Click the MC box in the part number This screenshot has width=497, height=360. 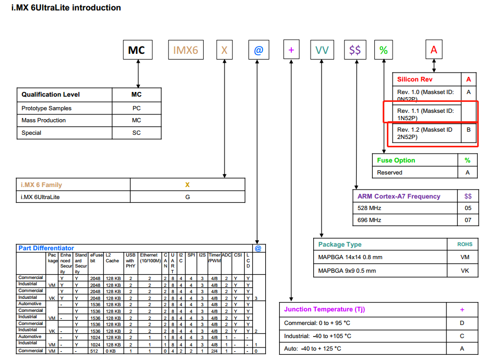137,50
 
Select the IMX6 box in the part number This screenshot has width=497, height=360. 186,50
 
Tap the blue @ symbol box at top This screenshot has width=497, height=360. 258,50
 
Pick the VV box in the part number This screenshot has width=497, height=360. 322,50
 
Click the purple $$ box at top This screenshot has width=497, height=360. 355,50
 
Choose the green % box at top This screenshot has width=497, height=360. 384,50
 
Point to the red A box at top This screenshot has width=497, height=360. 433,50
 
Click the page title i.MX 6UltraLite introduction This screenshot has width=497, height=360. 66,8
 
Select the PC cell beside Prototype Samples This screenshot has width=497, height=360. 136,109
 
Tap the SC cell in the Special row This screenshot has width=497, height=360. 136,133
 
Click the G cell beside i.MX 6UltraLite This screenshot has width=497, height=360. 187,197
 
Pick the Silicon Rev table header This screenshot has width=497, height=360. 415,79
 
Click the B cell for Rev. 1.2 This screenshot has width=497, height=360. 468,130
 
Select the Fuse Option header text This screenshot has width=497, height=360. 396,160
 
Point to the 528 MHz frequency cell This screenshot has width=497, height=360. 369,208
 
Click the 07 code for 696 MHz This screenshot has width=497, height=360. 468,220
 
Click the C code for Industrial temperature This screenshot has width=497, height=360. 462,336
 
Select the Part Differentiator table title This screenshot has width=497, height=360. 46,248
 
